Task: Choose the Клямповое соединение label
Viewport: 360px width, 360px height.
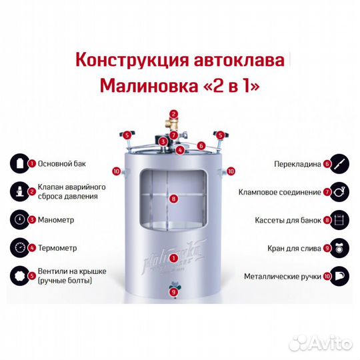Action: pos(280,191)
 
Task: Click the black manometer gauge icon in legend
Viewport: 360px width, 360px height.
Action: pos(20,219)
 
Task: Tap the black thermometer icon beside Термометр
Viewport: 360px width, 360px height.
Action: pos(20,247)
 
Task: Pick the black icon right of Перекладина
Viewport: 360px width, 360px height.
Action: pos(340,163)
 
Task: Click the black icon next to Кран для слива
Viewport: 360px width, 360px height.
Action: pos(340,247)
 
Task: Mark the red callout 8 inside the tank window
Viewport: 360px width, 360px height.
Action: pos(173,199)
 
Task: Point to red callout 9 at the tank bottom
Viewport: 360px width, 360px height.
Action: pos(173,291)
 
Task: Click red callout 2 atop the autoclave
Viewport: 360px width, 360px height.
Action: pos(173,114)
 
